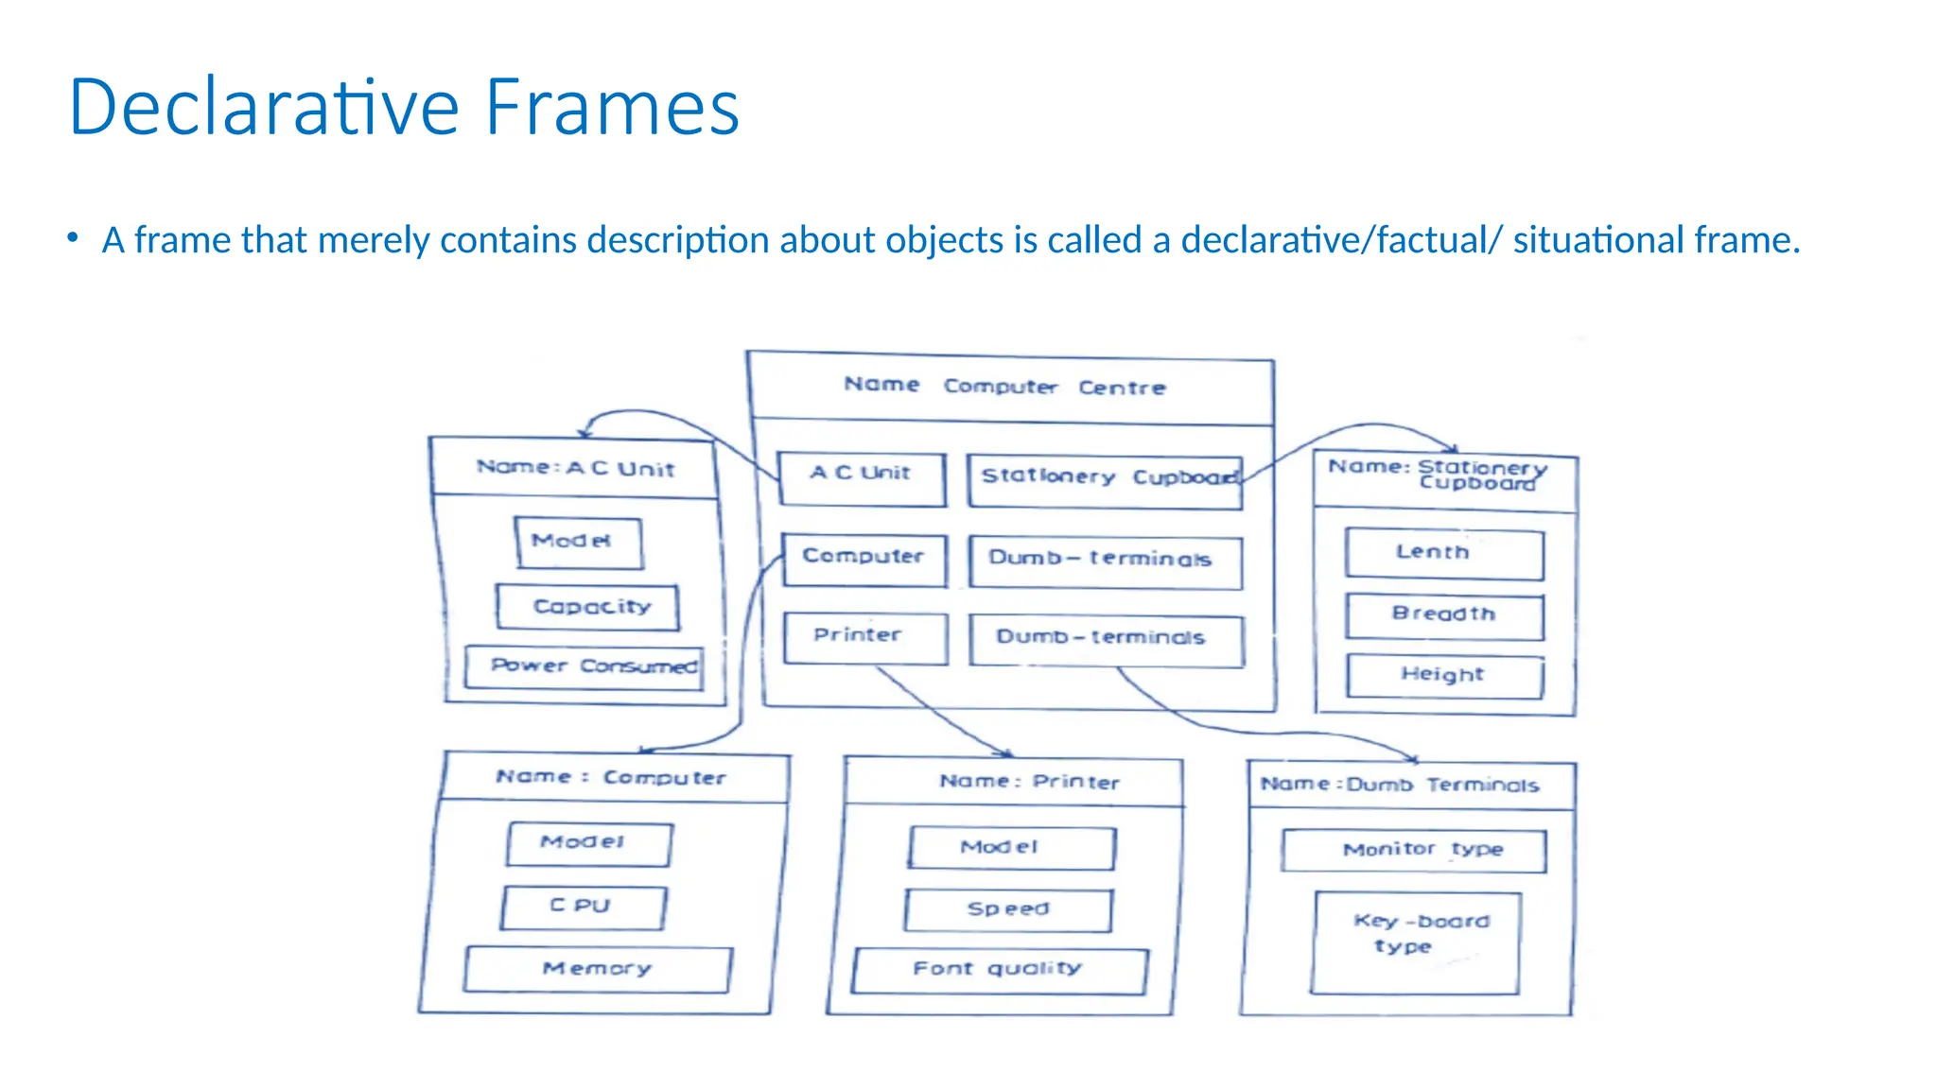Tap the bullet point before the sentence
pyautogui.click(x=73, y=239)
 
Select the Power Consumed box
pyautogui.click(x=584, y=666)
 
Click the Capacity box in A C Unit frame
pyautogui.click(x=587, y=607)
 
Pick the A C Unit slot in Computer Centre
pyautogui.click(x=861, y=478)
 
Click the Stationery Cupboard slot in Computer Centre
pyautogui.click(x=1104, y=480)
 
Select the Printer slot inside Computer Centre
pyautogui.click(x=864, y=638)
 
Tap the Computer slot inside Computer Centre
pyautogui.click(x=864, y=559)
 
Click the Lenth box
pyautogui.click(x=1443, y=554)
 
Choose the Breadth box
pyautogui.click(x=1444, y=616)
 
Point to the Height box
pyautogui.click(x=1444, y=676)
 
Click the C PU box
pyautogui.click(x=583, y=907)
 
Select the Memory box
pyautogui.click(x=598, y=970)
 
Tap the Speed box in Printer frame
pyautogui.click(x=1008, y=910)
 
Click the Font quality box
pyautogui.click(x=999, y=971)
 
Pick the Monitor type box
pyautogui.click(x=1414, y=851)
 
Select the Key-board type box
pyautogui.click(x=1416, y=942)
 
